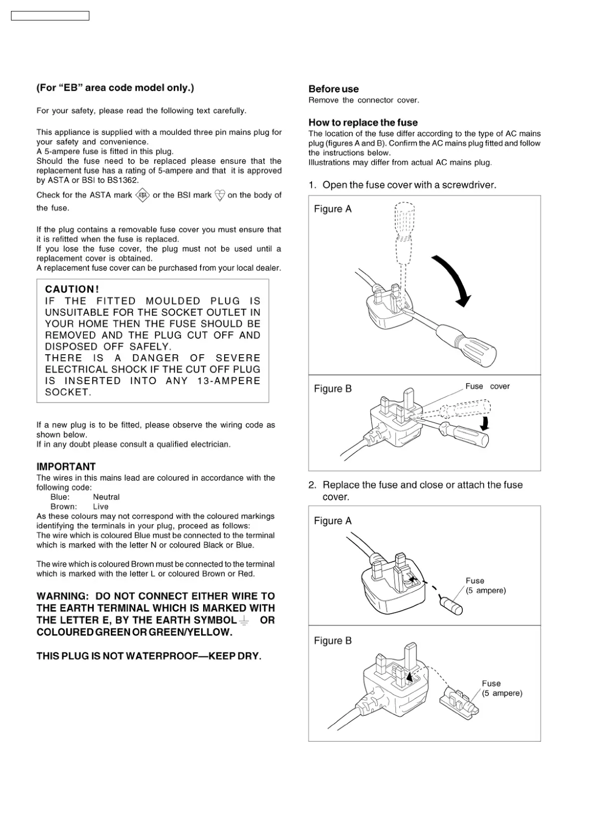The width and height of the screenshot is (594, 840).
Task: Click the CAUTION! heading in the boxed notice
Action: (72, 289)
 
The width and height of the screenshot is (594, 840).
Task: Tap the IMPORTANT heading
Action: (66, 467)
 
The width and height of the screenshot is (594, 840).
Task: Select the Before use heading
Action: (333, 89)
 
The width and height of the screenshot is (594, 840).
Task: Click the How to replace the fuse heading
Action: (363, 123)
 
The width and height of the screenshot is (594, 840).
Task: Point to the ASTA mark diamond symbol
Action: (143, 195)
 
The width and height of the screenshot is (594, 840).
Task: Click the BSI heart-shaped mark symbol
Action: (220, 195)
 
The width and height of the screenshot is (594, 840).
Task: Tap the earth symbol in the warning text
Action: (244, 621)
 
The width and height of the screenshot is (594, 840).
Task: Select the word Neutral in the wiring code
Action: (106, 497)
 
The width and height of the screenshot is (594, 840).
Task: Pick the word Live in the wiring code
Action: (100, 506)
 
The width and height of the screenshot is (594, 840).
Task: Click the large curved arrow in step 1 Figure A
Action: (453, 280)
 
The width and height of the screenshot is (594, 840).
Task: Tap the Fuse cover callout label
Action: (487, 386)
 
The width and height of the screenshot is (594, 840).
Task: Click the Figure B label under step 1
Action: (332, 389)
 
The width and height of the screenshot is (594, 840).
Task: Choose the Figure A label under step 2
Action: (332, 521)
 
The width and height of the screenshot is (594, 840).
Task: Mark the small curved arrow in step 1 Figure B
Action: (484, 423)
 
